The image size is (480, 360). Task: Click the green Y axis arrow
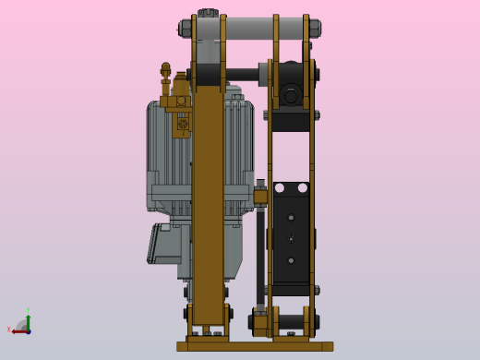click(x=28, y=318)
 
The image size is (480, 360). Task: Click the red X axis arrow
click(x=19, y=330)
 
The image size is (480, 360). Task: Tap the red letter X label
click(x=9, y=330)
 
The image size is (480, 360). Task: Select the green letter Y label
click(x=28, y=310)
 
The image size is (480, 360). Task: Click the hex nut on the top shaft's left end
click(x=186, y=28)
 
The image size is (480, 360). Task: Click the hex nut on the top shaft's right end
click(x=316, y=28)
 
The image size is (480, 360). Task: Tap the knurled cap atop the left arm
click(x=207, y=13)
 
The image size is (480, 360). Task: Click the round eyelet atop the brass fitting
click(x=166, y=68)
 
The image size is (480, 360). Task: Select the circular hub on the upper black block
click(x=292, y=94)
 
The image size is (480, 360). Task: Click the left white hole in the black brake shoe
click(x=278, y=187)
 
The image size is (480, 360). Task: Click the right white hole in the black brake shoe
click(x=304, y=187)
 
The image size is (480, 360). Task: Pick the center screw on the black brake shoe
click(x=291, y=238)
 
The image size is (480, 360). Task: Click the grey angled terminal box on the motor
click(x=165, y=244)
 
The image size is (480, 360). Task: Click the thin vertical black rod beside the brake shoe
click(x=261, y=249)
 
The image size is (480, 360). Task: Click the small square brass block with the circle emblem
click(x=183, y=123)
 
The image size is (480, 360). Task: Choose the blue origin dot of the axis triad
click(x=28, y=330)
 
